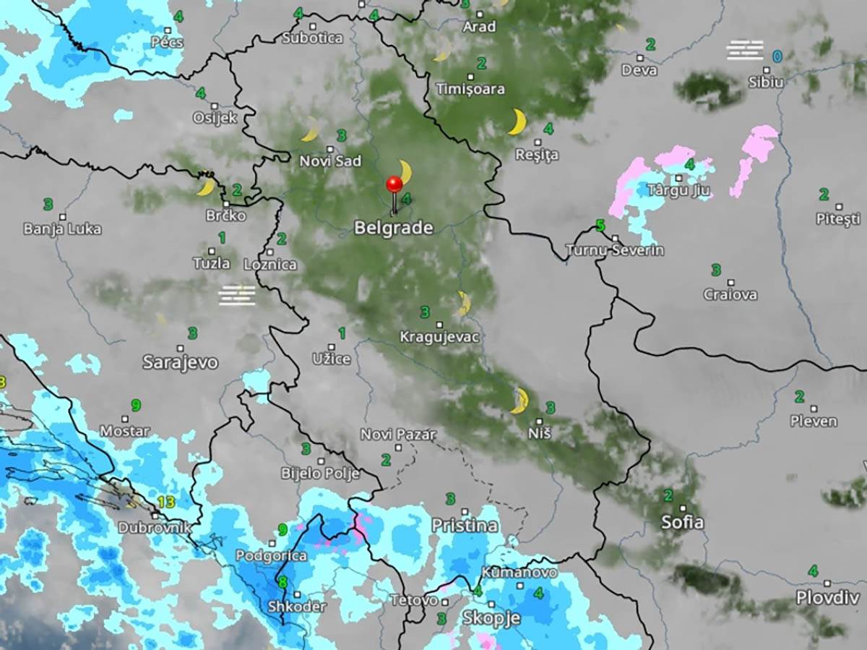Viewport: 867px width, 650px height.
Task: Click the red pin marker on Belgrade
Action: [x=394, y=184]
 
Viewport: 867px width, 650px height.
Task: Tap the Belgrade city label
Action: [x=393, y=228]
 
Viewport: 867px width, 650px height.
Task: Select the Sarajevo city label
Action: [x=180, y=362]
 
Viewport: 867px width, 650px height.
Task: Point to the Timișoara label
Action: [x=470, y=89]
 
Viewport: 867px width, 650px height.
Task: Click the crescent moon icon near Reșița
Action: [x=517, y=121]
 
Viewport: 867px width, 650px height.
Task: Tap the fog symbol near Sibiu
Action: [x=745, y=51]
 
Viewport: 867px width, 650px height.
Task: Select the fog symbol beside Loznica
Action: [x=238, y=295]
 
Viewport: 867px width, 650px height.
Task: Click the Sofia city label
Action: [x=682, y=522]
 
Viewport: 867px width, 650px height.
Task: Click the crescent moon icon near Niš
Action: [x=519, y=401]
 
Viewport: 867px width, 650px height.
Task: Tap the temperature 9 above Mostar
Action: [x=135, y=405]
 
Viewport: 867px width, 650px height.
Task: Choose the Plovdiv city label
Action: [x=827, y=598]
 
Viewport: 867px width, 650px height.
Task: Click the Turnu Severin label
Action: [x=615, y=251]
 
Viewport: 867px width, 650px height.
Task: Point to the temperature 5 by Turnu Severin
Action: [x=600, y=226]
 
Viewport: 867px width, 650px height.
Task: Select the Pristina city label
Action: [x=465, y=526]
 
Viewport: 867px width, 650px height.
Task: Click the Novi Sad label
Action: [x=330, y=161]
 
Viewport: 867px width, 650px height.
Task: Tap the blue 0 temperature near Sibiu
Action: [x=777, y=56]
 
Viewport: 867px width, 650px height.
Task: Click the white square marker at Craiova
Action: [x=730, y=283]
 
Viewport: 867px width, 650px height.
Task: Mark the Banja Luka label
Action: [x=62, y=229]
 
